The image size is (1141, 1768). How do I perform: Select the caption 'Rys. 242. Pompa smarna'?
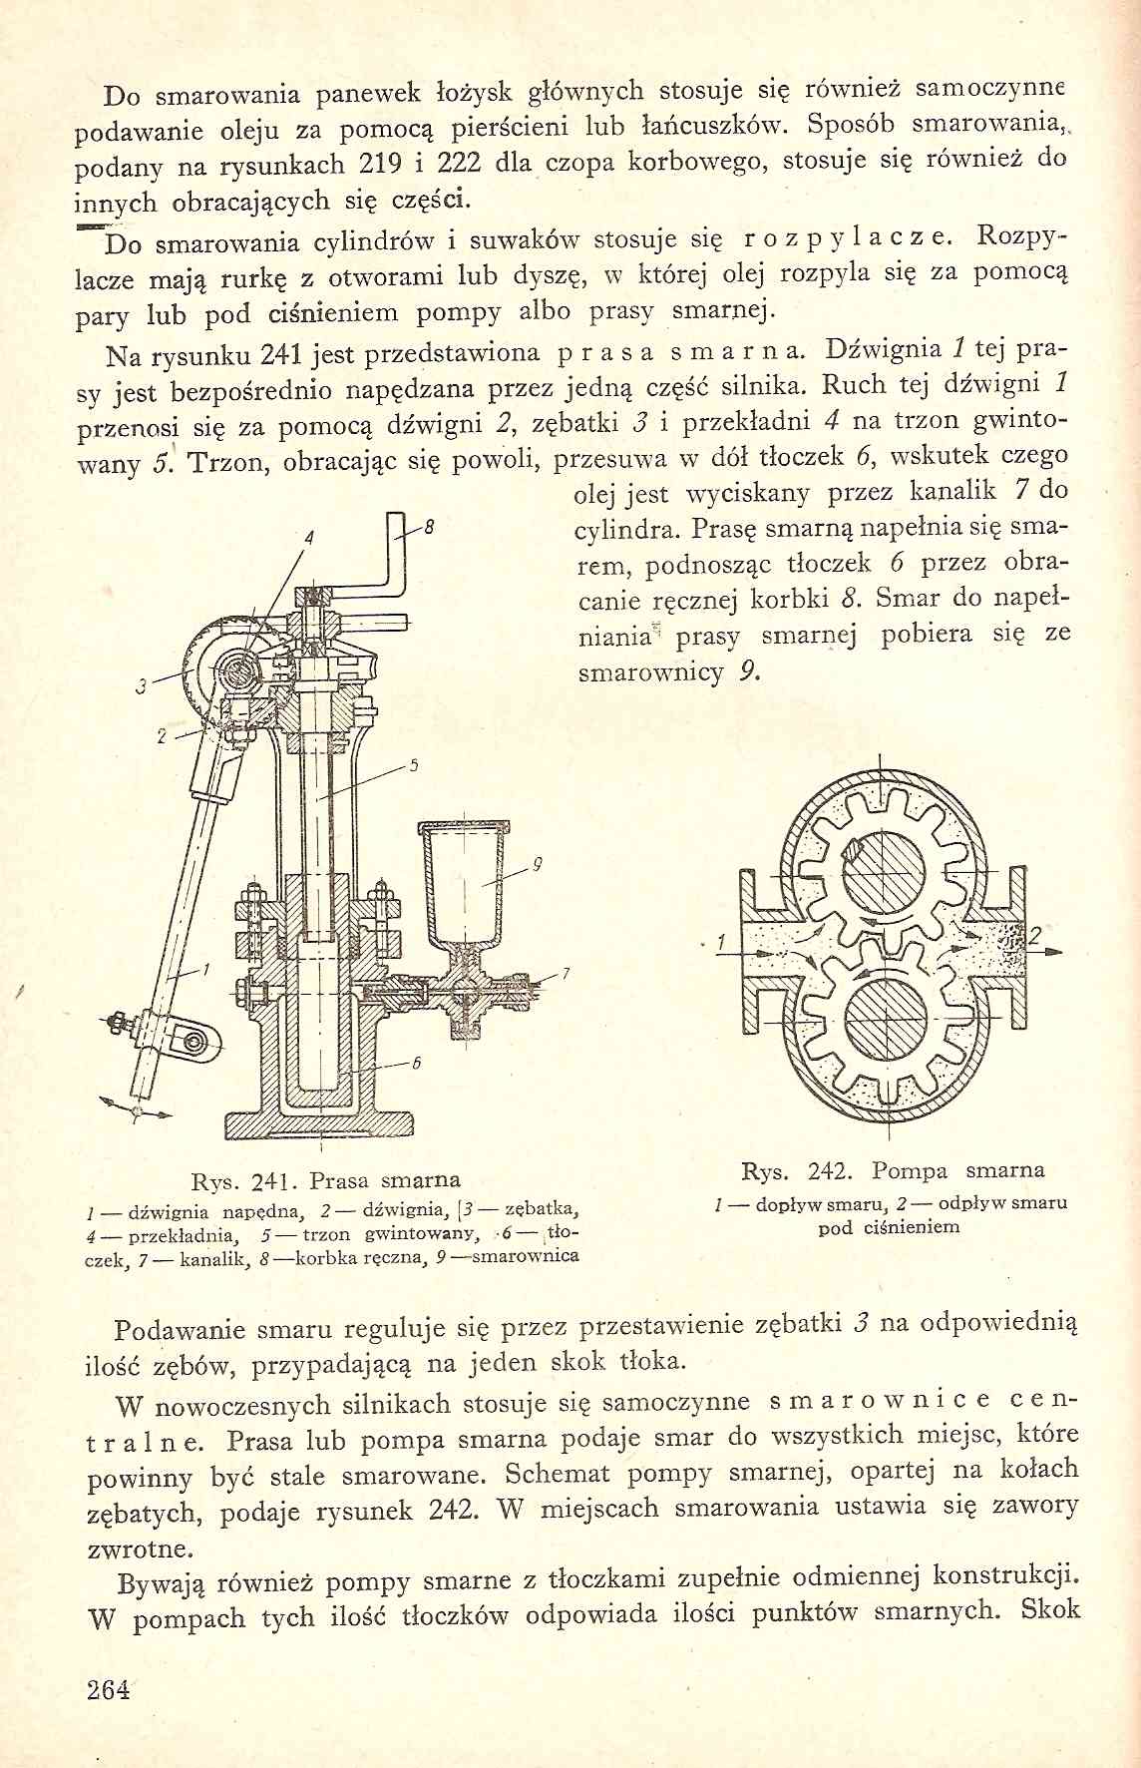pos(893,1170)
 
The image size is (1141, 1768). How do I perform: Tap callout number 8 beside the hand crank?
pos(428,528)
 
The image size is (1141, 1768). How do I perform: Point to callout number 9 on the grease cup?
pos(536,865)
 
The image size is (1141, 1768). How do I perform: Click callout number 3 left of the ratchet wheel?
pos(142,685)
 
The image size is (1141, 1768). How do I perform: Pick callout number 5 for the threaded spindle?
pos(413,767)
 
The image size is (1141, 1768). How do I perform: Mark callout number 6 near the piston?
pos(418,1063)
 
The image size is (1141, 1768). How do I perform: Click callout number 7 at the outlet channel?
pos(565,973)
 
